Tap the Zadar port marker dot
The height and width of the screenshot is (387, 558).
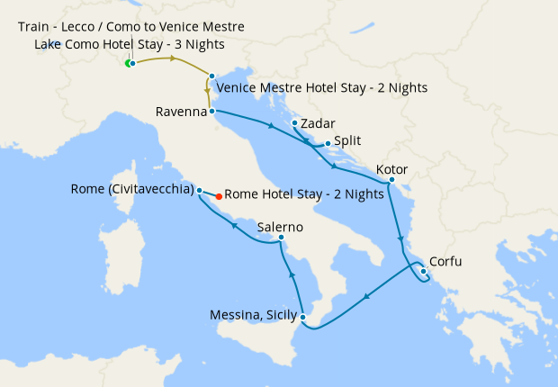click(x=294, y=122)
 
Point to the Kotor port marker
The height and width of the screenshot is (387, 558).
click(x=391, y=179)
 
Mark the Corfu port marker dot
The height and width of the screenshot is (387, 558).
click(x=423, y=271)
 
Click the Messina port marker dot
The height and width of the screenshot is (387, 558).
click(x=303, y=317)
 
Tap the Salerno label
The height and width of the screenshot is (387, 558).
click(x=280, y=227)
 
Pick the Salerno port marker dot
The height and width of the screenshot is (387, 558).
click(x=281, y=238)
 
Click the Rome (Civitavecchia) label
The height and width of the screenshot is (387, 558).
click(x=131, y=190)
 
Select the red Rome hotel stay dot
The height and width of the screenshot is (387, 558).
click(x=219, y=194)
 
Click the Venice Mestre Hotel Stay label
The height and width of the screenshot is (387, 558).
click(x=321, y=88)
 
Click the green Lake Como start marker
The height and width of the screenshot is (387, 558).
click(x=127, y=63)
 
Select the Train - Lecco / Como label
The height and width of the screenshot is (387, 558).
click(x=130, y=27)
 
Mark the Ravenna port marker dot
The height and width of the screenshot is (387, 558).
click(x=211, y=112)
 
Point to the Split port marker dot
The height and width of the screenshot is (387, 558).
click(x=328, y=143)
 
